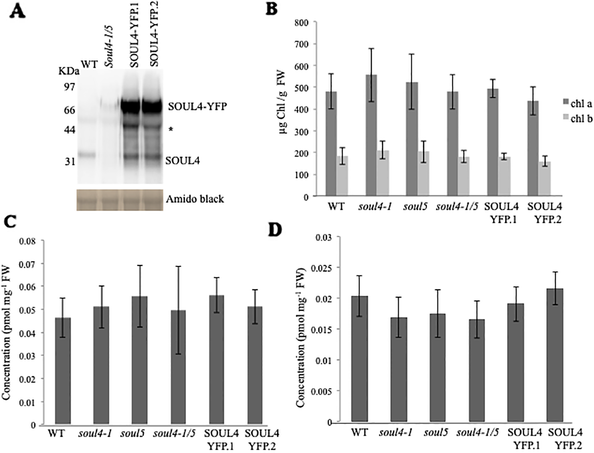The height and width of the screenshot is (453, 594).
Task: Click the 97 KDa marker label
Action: point(69,87)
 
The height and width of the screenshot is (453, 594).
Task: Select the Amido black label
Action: point(195,199)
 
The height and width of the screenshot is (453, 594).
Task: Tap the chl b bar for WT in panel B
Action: point(342,176)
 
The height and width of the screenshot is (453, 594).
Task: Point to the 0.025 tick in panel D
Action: point(323,267)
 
